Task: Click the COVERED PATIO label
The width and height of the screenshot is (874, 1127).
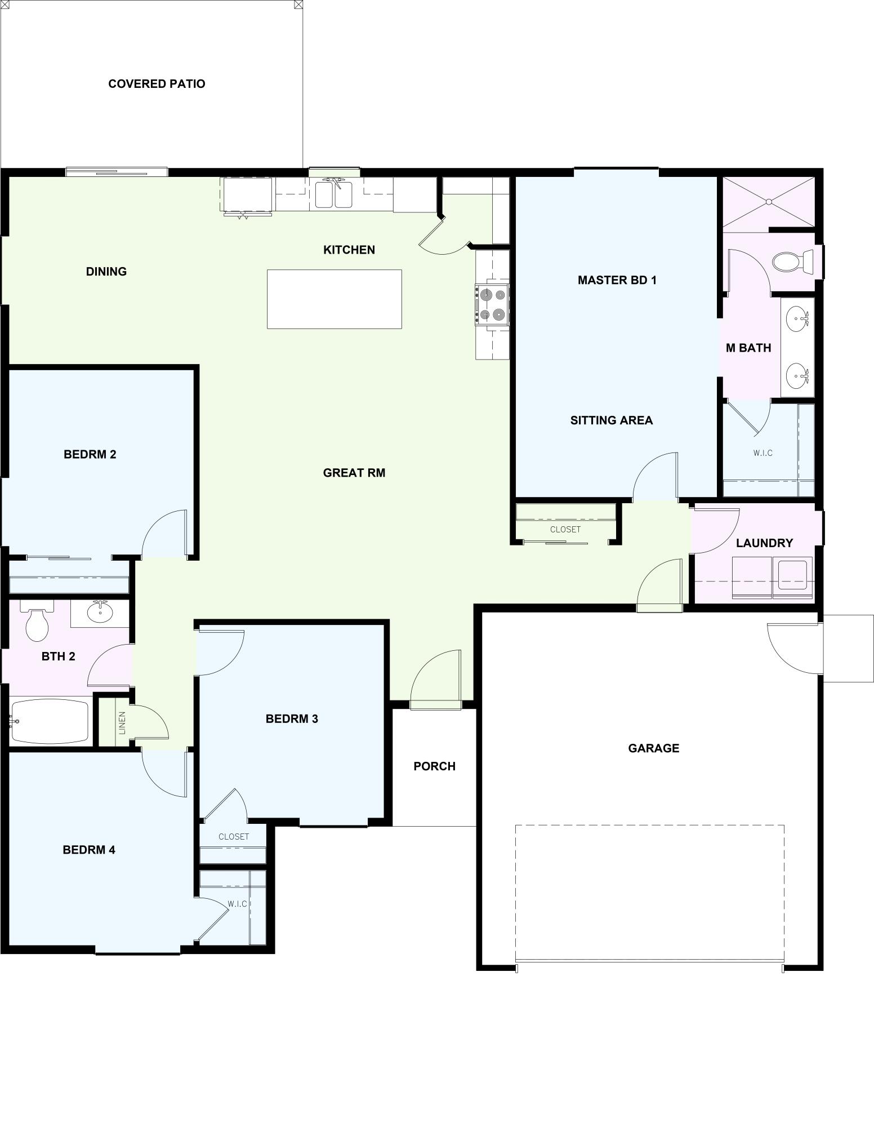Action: [157, 84]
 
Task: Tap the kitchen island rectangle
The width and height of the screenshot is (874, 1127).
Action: [334, 299]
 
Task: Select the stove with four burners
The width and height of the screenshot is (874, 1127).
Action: [492, 305]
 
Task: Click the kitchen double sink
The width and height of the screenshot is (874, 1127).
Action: [333, 194]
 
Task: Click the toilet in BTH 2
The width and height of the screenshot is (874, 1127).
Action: [37, 624]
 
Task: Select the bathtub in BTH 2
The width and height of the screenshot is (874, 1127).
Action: [50, 721]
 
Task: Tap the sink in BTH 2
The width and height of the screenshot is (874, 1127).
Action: [100, 613]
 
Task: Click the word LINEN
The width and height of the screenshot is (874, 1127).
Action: [122, 723]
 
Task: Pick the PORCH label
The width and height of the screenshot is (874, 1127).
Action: [434, 766]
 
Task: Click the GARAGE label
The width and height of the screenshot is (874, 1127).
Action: [653, 748]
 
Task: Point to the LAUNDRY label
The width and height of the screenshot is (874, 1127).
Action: [764, 543]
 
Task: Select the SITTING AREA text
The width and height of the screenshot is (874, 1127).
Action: [611, 420]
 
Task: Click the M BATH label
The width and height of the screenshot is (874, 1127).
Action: [748, 348]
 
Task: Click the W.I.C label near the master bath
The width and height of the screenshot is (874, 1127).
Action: [762, 453]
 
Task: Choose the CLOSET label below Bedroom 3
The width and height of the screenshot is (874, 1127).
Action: [234, 837]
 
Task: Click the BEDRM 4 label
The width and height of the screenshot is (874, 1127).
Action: [89, 850]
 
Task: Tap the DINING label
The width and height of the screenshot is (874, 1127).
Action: [106, 272]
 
